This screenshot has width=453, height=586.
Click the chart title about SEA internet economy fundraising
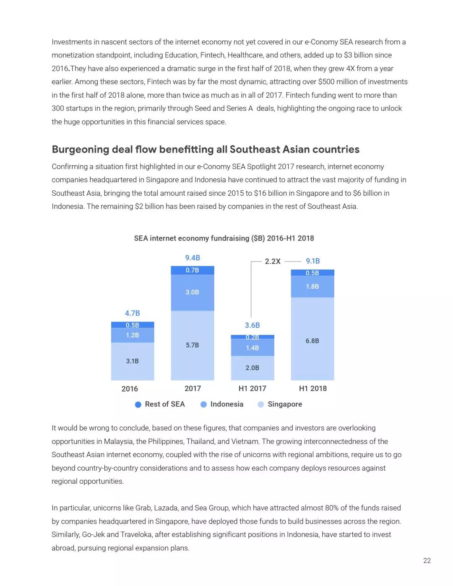(x=224, y=238)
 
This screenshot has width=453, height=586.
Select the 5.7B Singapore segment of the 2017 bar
(x=192, y=345)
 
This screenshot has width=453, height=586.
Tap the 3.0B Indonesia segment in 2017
(x=192, y=292)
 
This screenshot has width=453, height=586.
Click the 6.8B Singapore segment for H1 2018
(x=312, y=341)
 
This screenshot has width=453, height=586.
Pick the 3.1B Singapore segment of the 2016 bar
(x=132, y=361)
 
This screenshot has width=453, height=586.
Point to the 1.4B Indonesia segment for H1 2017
(x=252, y=348)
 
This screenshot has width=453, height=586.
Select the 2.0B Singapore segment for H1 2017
(x=252, y=368)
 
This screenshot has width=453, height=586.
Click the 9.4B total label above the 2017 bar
(x=193, y=258)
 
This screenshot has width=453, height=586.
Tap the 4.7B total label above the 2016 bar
(x=132, y=313)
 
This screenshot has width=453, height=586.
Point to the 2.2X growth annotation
(x=273, y=261)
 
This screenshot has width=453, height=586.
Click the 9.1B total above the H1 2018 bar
(x=312, y=261)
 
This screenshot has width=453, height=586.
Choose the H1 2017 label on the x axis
(x=252, y=389)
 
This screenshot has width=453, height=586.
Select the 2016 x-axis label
(x=130, y=389)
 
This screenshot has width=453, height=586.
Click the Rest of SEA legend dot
(x=138, y=404)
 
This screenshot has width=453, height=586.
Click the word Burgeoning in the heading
(x=80, y=150)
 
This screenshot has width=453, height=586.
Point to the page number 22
(x=427, y=560)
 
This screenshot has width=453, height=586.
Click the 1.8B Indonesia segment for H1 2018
(x=312, y=286)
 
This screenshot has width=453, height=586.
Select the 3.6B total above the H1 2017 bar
(x=252, y=325)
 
